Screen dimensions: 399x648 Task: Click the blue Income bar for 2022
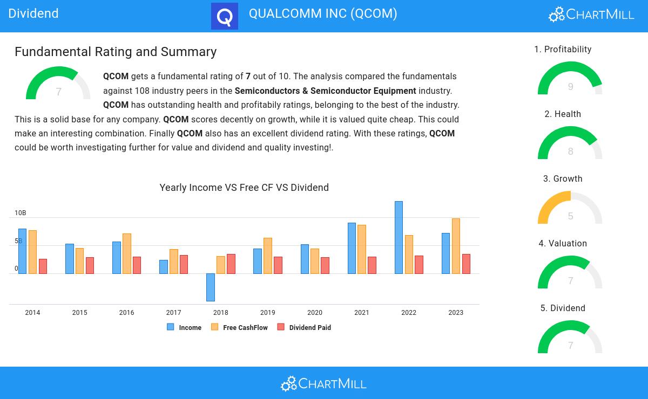tap(399, 237)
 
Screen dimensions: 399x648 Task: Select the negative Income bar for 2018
tap(211, 287)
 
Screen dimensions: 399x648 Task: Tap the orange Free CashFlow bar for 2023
tap(456, 246)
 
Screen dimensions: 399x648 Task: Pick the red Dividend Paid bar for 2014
tap(43, 266)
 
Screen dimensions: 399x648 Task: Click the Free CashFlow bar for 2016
tap(127, 253)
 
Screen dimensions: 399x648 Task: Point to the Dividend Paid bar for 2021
tap(372, 265)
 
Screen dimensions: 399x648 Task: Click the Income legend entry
tap(184, 327)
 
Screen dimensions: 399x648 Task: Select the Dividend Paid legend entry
tap(304, 327)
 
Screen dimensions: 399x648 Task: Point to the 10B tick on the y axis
tap(20, 213)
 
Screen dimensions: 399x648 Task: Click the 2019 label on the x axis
tap(267, 313)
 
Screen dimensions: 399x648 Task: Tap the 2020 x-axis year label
tap(315, 313)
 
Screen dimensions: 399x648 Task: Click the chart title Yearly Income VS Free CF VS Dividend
tap(244, 188)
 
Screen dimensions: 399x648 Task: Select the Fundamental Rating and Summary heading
tap(116, 52)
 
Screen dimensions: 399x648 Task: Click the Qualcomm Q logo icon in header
tap(225, 16)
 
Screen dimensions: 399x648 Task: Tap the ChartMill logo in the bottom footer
tap(323, 383)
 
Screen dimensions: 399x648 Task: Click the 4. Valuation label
tap(563, 244)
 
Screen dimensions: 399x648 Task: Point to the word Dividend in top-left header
tap(33, 13)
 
